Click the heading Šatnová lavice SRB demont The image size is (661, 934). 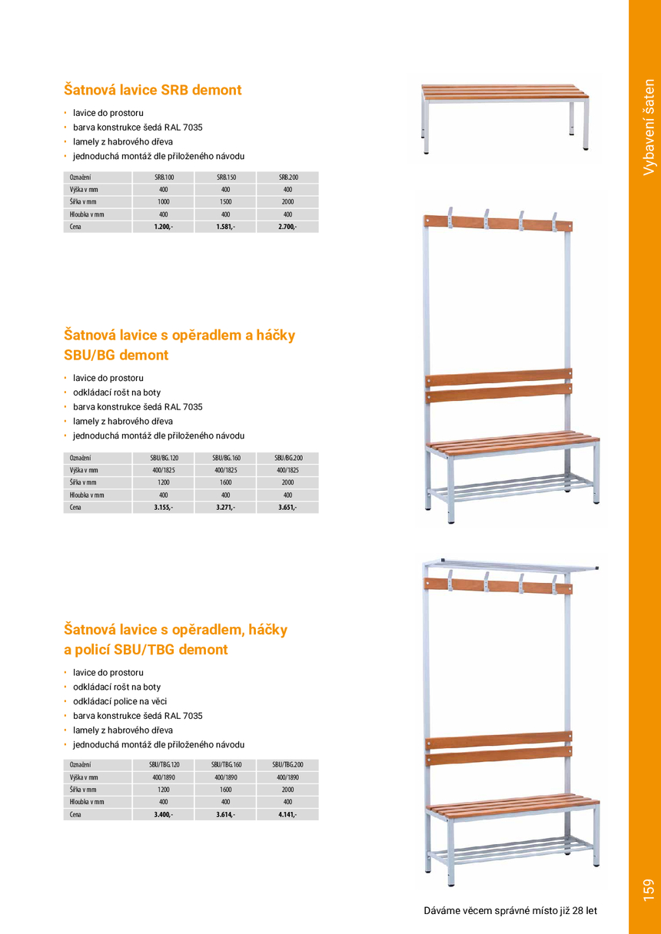[x=152, y=90]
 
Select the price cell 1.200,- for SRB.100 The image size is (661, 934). [x=164, y=227]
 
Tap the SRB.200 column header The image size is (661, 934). [x=287, y=177]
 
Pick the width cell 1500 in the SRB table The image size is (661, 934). [x=226, y=202]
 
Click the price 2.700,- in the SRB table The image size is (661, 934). [x=287, y=227]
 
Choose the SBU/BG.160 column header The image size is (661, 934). [x=226, y=458]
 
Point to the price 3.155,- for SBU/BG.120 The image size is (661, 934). [x=164, y=507]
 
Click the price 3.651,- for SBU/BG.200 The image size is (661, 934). [x=287, y=507]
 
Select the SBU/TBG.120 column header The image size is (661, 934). [x=164, y=765]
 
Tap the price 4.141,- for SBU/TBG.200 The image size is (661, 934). [x=287, y=814]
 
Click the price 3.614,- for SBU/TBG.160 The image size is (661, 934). [x=226, y=814]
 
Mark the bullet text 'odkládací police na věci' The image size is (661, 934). [x=120, y=701]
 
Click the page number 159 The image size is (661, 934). [x=648, y=889]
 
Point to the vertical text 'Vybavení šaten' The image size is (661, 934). [x=649, y=127]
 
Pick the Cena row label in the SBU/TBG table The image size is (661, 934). [x=75, y=814]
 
